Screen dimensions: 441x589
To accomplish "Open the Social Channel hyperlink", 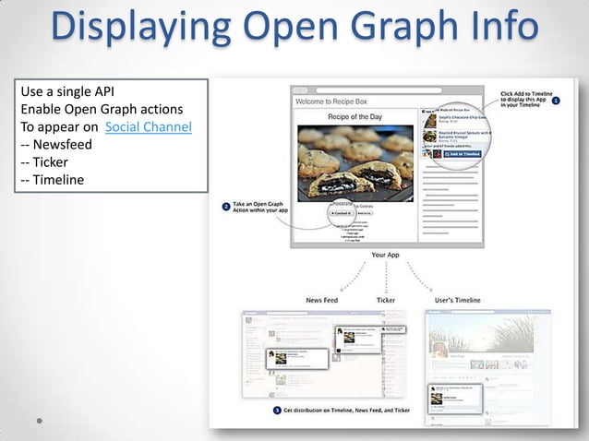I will coord(149,126).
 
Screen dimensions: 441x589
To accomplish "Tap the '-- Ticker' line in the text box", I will coord(50,161).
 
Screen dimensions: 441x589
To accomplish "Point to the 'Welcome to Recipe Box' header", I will coord(332,101).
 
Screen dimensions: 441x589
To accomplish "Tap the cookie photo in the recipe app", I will coord(355,161).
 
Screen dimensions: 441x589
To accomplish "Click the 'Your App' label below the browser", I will coord(385,255).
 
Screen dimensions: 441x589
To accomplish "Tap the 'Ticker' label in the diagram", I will coord(386,300).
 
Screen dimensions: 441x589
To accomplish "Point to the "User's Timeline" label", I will coord(456,300).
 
